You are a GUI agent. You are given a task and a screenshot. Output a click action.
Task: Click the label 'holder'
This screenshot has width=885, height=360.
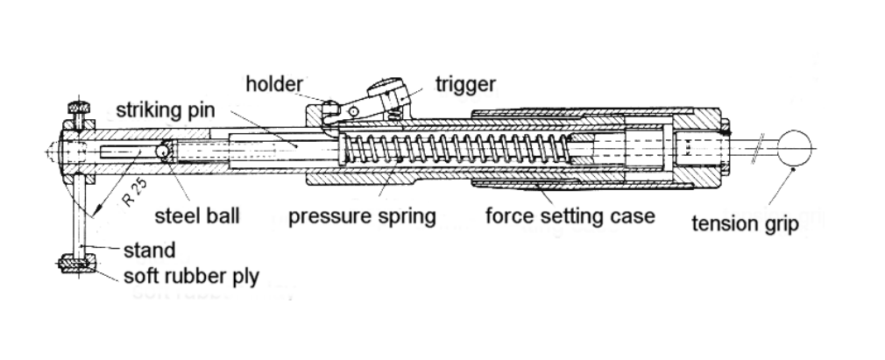point(273,84)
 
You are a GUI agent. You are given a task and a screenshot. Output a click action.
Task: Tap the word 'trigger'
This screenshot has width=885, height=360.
point(465,84)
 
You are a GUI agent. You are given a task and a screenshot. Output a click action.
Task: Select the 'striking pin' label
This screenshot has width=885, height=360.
point(165,111)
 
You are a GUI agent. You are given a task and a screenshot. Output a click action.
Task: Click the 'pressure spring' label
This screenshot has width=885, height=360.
point(362,215)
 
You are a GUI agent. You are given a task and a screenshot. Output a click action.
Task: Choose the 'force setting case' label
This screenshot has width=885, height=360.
point(570,215)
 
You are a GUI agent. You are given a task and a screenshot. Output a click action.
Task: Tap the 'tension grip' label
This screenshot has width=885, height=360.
point(745,224)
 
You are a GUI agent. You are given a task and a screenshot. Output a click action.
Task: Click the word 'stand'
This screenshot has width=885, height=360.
point(149,251)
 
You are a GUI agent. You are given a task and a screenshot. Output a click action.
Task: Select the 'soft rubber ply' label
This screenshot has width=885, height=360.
point(191,277)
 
